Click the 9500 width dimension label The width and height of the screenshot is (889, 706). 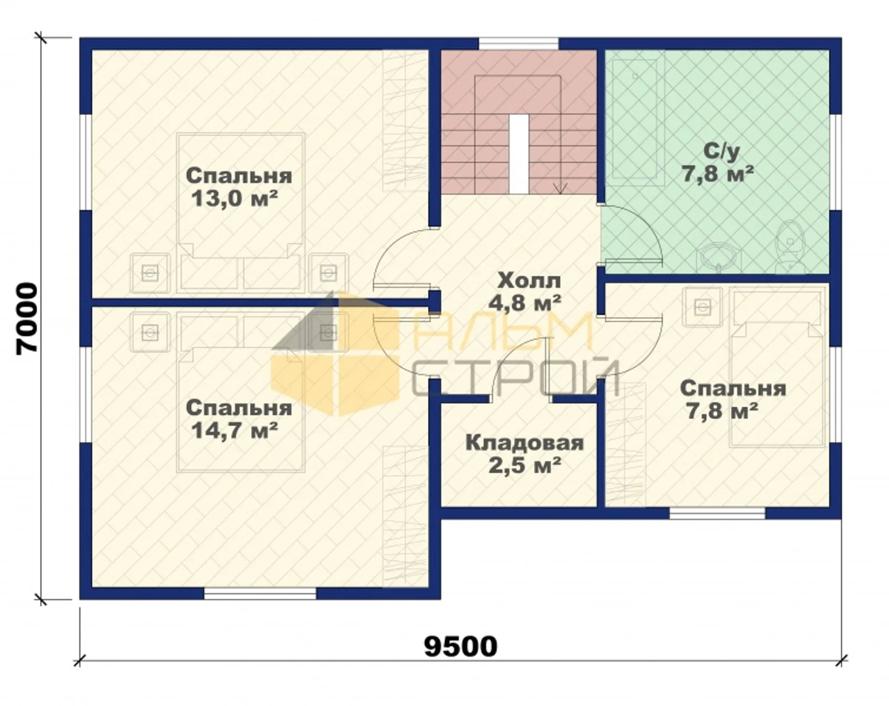click(x=461, y=647)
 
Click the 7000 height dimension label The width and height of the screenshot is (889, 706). click(x=27, y=318)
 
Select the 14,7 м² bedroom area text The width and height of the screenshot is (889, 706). click(x=234, y=432)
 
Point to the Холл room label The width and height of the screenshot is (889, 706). click(x=529, y=281)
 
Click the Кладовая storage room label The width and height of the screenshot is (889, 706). click(x=525, y=444)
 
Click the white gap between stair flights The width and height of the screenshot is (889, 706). click(x=519, y=154)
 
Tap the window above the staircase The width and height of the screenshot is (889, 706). click(x=518, y=43)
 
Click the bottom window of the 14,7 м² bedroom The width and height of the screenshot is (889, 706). click(x=260, y=594)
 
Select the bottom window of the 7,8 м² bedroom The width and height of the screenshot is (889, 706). click(x=717, y=513)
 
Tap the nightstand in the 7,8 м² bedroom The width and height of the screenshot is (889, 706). click(x=702, y=307)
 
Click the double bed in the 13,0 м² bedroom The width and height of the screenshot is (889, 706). click(x=241, y=213)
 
